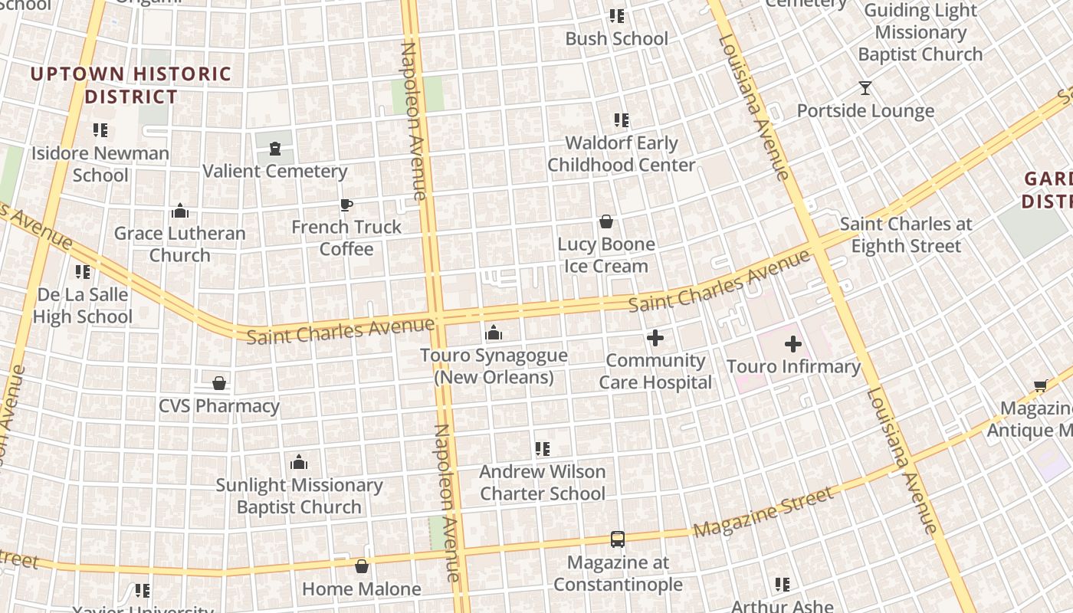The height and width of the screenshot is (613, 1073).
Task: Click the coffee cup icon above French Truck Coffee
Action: click(346, 205)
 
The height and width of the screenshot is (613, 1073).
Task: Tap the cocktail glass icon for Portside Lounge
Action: click(865, 88)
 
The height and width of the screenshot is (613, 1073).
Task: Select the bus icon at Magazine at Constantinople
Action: click(618, 539)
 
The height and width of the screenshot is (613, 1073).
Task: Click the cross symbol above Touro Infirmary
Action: click(793, 344)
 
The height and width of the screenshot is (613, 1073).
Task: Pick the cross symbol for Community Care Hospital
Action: click(655, 337)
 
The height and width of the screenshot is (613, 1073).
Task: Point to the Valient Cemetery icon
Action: click(274, 149)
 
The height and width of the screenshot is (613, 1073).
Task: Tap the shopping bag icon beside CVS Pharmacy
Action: click(219, 382)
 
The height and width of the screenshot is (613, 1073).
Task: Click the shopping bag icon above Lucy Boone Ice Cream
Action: click(606, 221)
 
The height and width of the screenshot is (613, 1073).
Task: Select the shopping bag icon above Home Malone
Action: click(361, 566)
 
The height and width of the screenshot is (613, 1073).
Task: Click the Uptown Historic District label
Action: click(131, 85)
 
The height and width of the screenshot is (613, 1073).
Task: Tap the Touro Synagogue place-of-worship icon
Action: click(494, 333)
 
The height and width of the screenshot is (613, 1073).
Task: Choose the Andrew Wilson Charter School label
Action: click(543, 482)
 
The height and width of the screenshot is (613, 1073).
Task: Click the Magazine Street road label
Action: click(763, 512)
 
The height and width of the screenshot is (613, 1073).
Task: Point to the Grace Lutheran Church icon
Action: click(180, 211)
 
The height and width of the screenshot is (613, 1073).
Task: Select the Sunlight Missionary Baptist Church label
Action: click(299, 496)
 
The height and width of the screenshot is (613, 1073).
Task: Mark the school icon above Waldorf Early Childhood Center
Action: click(621, 120)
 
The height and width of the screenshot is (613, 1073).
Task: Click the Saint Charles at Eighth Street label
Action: click(906, 235)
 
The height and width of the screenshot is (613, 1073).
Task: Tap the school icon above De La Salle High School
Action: click(83, 271)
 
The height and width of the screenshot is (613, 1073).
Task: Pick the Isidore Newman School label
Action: click(100, 163)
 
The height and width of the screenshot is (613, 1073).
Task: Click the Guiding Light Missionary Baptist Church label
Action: click(920, 32)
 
